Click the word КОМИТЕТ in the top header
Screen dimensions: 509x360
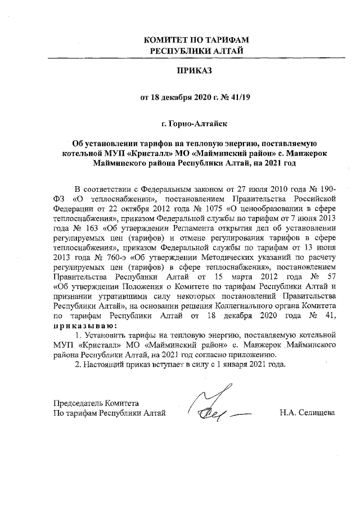[164, 40]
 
